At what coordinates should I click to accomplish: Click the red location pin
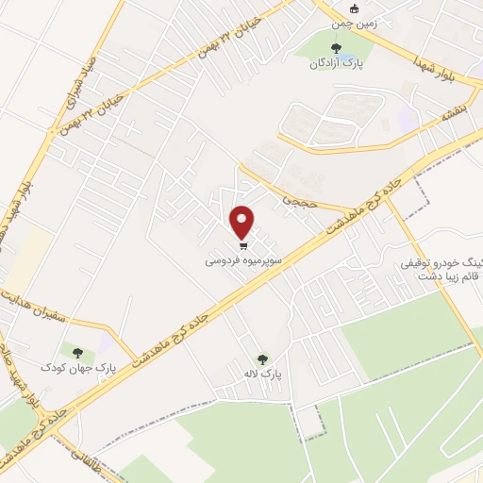(243, 221)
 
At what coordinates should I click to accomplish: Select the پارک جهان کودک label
(77, 365)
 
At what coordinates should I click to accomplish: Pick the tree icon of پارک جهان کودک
(77, 351)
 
